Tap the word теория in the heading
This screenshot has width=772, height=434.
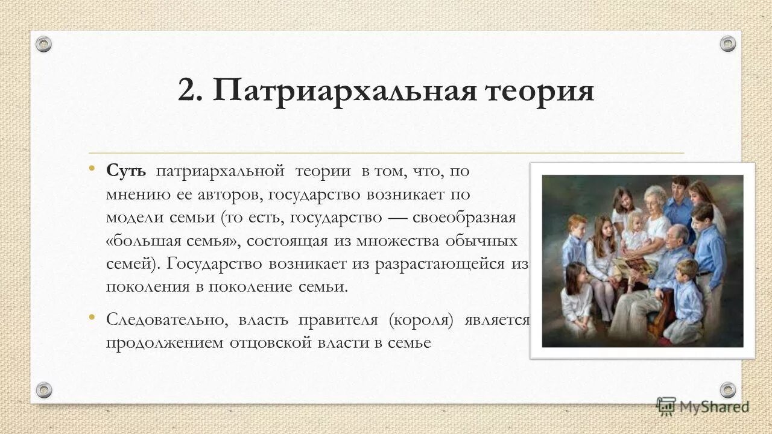pyautogui.click(x=536, y=92)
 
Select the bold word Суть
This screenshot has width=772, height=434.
pyautogui.click(x=126, y=171)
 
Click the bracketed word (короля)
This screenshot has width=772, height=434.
pyautogui.click(x=421, y=319)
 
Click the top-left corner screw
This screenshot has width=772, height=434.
pyautogui.click(x=44, y=44)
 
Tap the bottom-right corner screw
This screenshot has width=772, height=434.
pyautogui.click(x=728, y=389)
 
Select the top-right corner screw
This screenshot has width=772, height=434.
pyautogui.click(x=728, y=44)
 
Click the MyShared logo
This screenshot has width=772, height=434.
pyautogui.click(x=703, y=406)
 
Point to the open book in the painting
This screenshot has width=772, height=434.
pyautogui.click(x=631, y=266)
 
